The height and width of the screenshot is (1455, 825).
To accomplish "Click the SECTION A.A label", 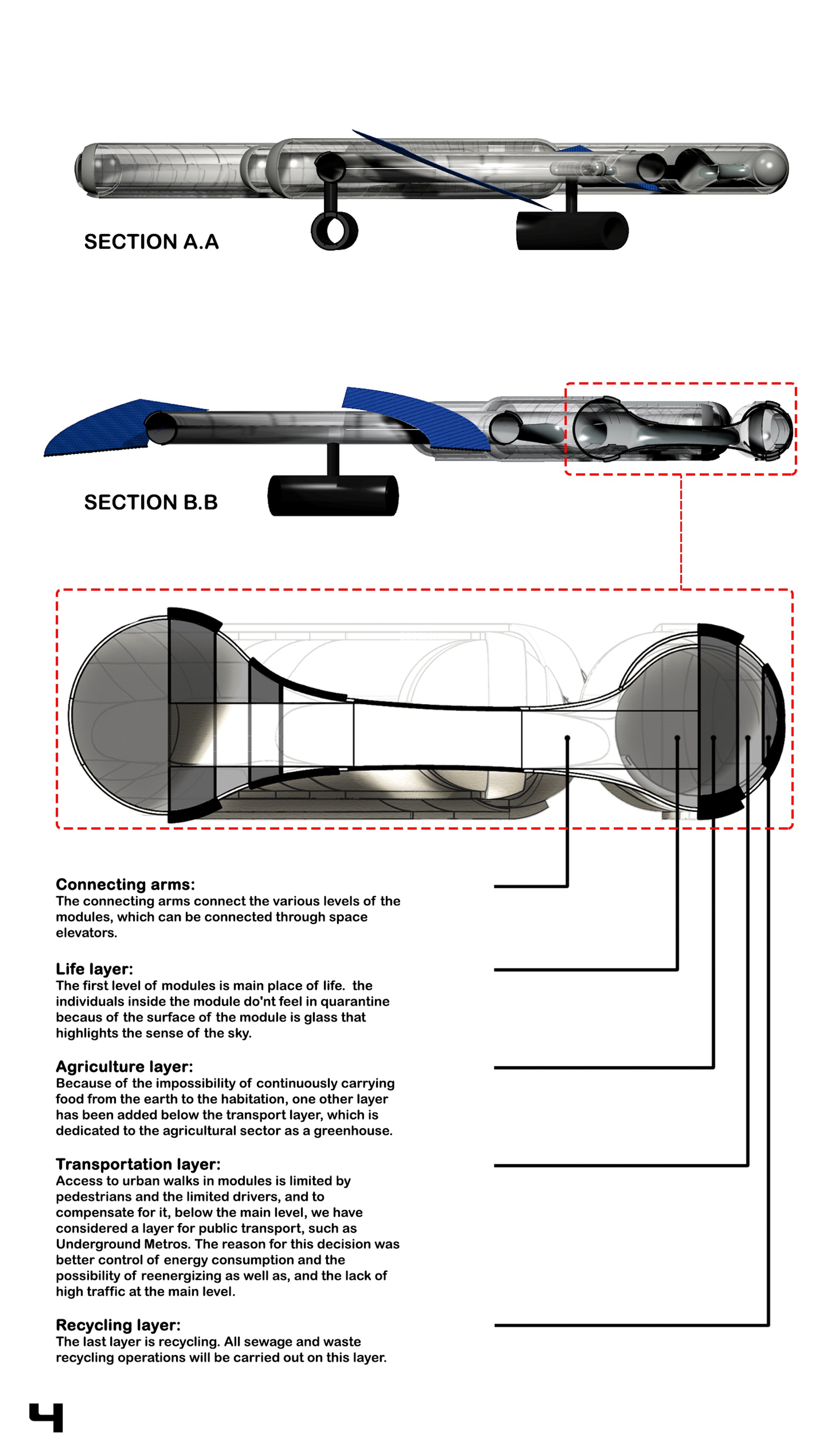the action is [151, 242].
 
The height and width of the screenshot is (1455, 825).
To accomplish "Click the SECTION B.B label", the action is [151, 502].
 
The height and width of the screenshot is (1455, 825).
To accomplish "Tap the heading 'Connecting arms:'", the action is [125, 884].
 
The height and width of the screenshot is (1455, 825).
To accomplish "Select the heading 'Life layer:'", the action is [94, 969].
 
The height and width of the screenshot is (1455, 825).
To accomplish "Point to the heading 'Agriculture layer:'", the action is [124, 1067].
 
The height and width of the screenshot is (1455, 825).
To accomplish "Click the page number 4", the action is [47, 1417].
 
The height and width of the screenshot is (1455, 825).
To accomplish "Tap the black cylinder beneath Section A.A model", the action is [572, 231].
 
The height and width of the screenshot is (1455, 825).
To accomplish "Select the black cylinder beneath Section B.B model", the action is [333, 496].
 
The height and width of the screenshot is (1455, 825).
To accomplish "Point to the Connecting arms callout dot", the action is [567, 738].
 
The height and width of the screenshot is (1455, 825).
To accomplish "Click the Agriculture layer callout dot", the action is [713, 738].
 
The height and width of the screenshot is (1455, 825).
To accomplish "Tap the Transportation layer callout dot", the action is [748, 738].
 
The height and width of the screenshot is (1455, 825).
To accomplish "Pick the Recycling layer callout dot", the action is [768, 738].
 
